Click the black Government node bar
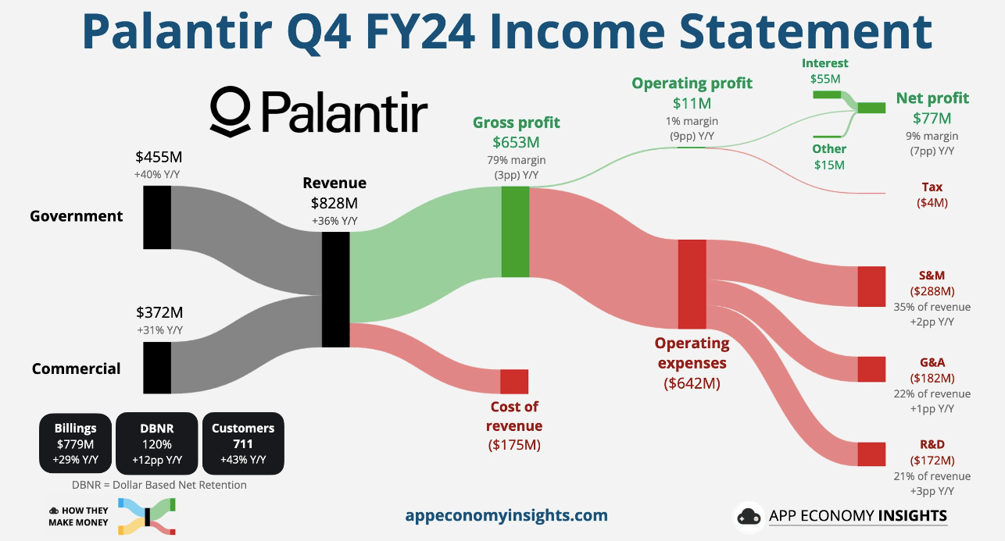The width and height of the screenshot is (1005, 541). (x=157, y=217)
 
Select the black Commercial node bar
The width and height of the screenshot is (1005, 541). (x=157, y=368)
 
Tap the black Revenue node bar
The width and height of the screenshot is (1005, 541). (x=335, y=290)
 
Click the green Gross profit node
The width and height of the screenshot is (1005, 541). (x=515, y=232)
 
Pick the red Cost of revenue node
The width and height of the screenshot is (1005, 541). (x=514, y=382)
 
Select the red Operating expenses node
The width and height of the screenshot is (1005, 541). (x=692, y=284)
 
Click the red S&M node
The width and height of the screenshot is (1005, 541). (x=871, y=287)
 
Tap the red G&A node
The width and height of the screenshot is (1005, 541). (x=871, y=369)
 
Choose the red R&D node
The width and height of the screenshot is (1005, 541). (x=871, y=454)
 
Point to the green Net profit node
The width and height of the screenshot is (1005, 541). (x=871, y=108)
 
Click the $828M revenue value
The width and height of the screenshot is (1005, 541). (x=334, y=203)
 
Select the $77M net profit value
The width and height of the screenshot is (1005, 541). (x=932, y=119)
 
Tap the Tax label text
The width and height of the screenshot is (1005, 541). (x=932, y=187)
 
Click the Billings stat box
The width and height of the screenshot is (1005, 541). (x=75, y=443)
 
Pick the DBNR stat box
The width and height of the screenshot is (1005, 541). (x=156, y=443)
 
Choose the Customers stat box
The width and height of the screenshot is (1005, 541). (x=243, y=443)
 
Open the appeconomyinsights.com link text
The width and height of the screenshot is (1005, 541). (x=506, y=515)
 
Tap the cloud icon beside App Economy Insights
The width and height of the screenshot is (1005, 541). (x=749, y=516)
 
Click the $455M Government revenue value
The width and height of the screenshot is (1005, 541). (x=159, y=157)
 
